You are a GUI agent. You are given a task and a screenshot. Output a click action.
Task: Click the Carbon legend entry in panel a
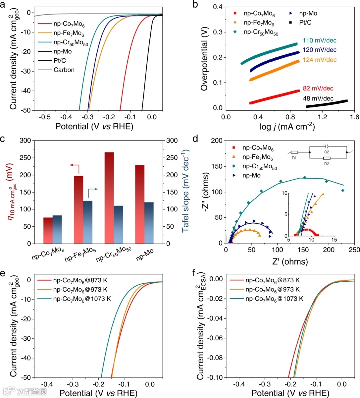(x=64, y=70)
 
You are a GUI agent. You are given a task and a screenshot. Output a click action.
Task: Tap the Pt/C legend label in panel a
(x=60, y=61)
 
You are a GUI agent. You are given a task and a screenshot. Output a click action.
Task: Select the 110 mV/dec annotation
(x=319, y=41)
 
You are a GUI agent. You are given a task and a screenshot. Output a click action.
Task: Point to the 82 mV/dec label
(x=318, y=88)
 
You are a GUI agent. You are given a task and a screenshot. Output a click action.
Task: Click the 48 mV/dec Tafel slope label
(x=318, y=98)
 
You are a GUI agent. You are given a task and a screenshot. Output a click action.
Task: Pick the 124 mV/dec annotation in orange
(x=319, y=60)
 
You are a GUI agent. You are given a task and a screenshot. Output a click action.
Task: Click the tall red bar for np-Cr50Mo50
(x=109, y=198)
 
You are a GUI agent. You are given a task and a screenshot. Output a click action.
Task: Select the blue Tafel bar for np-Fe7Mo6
(x=88, y=222)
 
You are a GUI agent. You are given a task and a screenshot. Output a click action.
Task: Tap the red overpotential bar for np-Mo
(x=140, y=204)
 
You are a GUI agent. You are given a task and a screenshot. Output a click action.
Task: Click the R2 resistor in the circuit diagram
(x=327, y=159)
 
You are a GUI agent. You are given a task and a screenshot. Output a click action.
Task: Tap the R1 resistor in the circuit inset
(x=294, y=153)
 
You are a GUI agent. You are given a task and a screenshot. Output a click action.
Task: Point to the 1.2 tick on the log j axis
(x=322, y=117)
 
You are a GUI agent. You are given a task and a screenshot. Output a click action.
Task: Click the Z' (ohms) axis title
(x=290, y=262)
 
